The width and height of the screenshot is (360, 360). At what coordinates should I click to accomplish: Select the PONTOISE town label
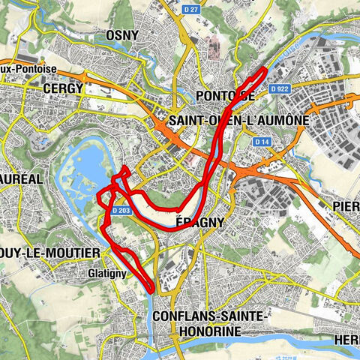coord(224,96)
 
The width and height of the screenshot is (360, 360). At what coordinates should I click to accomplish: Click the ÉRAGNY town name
coord(198,223)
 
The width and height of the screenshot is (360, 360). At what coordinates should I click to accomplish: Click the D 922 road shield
coord(279,88)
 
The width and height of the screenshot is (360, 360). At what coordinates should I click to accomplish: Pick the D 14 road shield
coord(261,141)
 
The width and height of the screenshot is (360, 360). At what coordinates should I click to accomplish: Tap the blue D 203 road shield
coord(122,211)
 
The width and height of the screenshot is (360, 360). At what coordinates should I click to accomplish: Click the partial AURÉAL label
coord(23,180)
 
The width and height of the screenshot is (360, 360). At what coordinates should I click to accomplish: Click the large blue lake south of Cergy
coord(88,161)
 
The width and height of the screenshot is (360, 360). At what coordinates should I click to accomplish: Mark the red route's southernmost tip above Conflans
coord(152,289)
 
